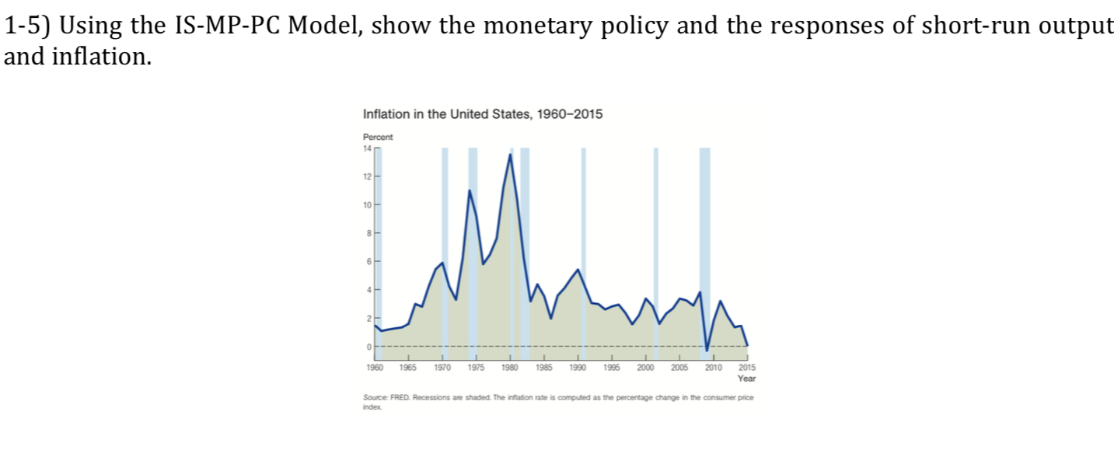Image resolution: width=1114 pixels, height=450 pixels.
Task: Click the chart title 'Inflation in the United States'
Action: pyautogui.click(x=482, y=114)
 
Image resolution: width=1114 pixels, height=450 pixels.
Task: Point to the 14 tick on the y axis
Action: pyautogui.click(x=368, y=148)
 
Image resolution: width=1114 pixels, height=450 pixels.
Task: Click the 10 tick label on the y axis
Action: pyautogui.click(x=368, y=204)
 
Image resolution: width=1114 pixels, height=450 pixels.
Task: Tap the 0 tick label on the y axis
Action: pyautogui.click(x=369, y=347)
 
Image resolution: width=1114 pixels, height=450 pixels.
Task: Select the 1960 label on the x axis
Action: pyautogui.click(x=374, y=366)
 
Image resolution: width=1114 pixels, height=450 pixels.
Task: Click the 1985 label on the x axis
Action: pyautogui.click(x=543, y=366)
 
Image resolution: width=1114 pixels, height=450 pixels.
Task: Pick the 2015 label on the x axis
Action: pyautogui.click(x=746, y=366)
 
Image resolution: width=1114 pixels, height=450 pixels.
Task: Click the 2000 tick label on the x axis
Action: pyautogui.click(x=645, y=366)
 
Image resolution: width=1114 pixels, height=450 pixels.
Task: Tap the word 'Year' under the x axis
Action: pyautogui.click(x=746, y=378)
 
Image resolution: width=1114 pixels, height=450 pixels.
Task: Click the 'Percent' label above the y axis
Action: pyautogui.click(x=378, y=137)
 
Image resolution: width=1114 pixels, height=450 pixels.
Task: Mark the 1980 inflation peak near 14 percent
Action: pyautogui.click(x=510, y=155)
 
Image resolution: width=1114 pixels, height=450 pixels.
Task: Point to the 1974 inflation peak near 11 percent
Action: pyautogui.click(x=470, y=190)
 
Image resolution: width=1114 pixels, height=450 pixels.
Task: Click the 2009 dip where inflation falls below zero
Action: pyautogui.click(x=706, y=350)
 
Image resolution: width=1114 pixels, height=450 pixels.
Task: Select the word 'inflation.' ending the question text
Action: pyautogui.click(x=100, y=57)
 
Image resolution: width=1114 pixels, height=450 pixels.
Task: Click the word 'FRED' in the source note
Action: pyautogui.click(x=398, y=397)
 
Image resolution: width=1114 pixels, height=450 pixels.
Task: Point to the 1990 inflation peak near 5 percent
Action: pyautogui.click(x=578, y=270)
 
